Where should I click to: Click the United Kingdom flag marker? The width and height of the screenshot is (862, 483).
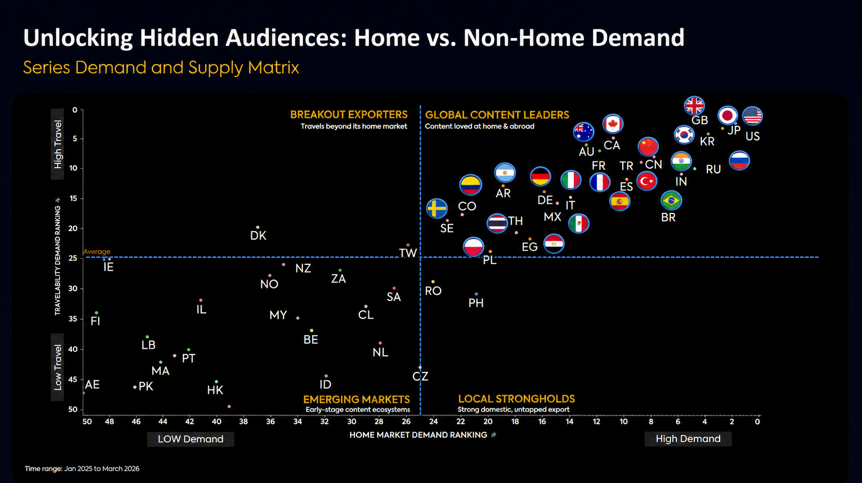point(694,106)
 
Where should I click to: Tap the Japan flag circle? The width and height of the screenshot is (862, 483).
point(728,115)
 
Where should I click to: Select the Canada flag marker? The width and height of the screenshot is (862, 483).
point(613,124)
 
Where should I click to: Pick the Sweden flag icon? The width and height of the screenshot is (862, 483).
point(437,209)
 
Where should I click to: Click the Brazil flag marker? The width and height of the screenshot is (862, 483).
point(671,200)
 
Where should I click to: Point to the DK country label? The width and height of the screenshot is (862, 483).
point(258,236)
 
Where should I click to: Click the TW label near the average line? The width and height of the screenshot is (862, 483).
point(408,253)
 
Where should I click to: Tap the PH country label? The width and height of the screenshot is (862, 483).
point(476,303)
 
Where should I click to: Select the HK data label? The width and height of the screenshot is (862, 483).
point(215,390)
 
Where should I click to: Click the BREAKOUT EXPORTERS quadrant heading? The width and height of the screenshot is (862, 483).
point(349,115)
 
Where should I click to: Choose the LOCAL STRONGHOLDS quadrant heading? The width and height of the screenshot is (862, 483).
point(516,399)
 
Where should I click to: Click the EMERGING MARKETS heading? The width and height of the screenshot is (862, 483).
point(356,399)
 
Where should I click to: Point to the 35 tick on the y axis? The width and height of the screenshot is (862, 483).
point(73,319)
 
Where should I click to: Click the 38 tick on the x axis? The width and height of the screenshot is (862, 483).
point(243,421)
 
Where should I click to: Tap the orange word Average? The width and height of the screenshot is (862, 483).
point(97,252)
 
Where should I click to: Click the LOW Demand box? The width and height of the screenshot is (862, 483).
point(190,439)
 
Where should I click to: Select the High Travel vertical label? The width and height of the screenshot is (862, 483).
point(57,144)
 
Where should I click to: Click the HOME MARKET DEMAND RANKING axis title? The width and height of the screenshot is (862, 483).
point(418,435)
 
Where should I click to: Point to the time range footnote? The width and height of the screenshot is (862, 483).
point(82,469)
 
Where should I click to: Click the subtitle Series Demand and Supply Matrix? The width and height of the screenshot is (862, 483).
point(161,67)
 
